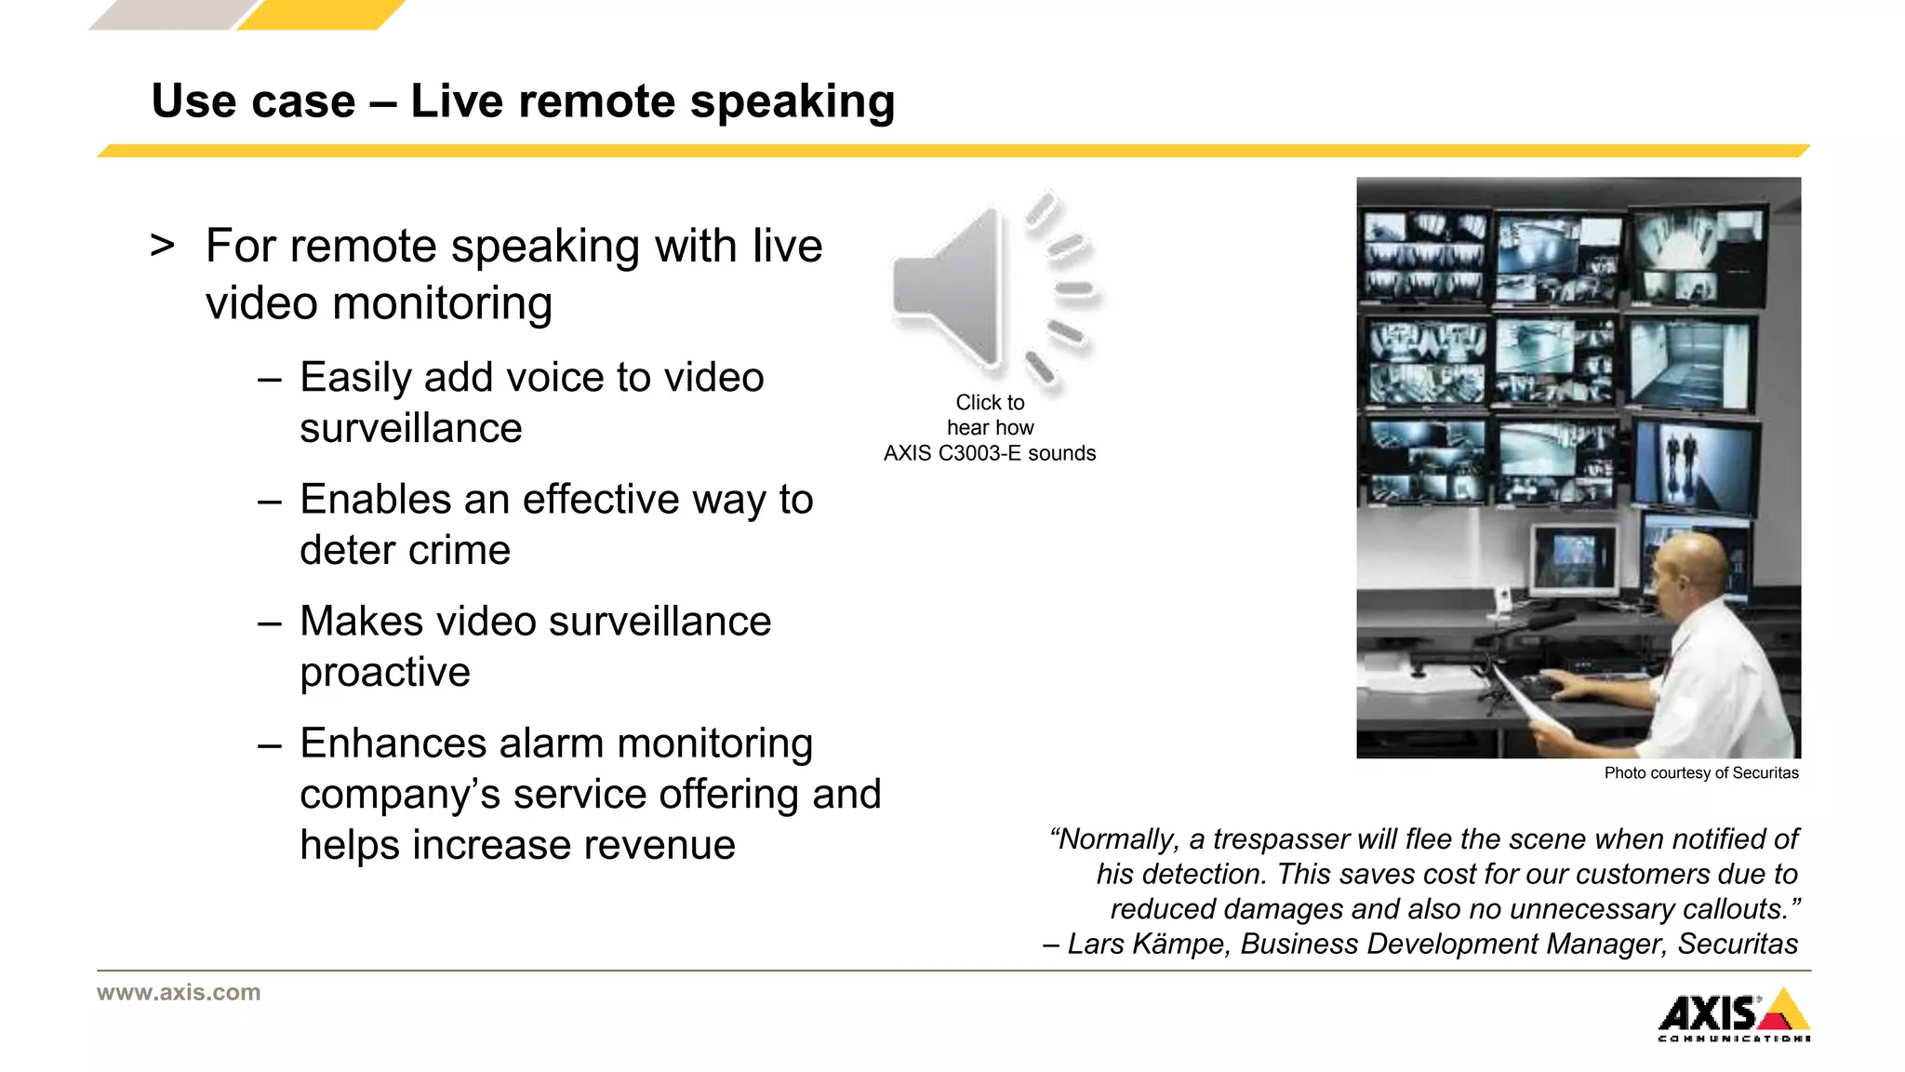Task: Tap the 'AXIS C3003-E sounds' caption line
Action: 990,453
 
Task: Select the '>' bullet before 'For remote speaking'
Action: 163,246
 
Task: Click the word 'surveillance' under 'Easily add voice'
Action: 410,429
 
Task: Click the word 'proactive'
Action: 385,673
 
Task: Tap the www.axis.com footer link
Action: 179,992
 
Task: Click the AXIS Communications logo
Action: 1734,1015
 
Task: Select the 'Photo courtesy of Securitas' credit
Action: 1700,773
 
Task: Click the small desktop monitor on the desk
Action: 1575,561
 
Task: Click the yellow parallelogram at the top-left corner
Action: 321,14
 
